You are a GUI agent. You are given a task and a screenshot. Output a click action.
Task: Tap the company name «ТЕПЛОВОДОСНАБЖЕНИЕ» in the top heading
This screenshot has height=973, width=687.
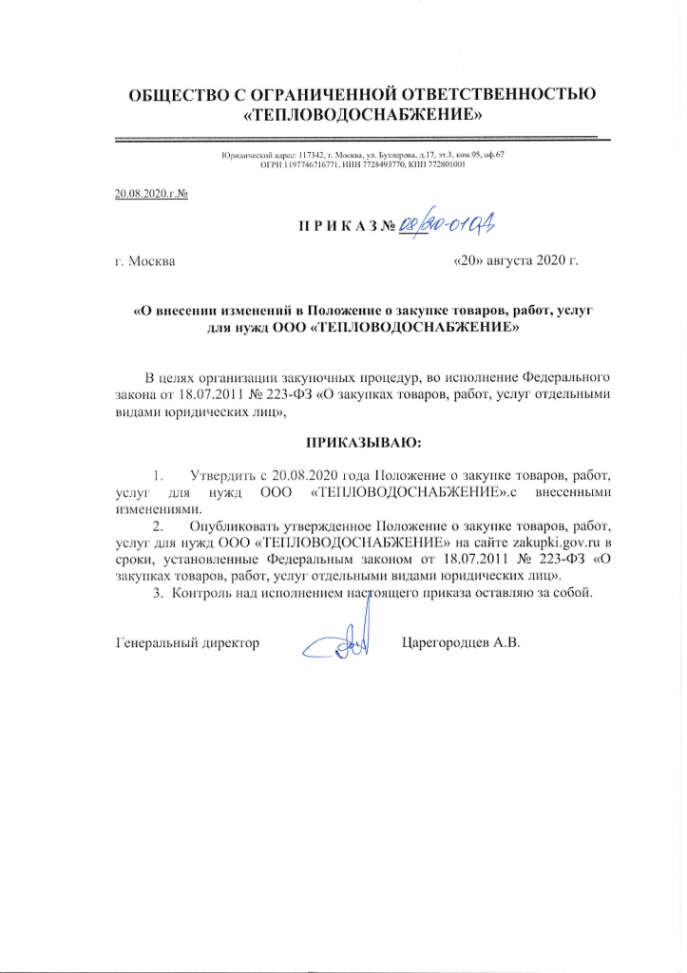tap(365, 116)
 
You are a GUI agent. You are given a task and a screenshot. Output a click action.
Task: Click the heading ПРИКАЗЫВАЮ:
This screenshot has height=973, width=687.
tap(362, 443)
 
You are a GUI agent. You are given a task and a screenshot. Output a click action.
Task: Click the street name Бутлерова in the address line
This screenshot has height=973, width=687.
tap(371, 155)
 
